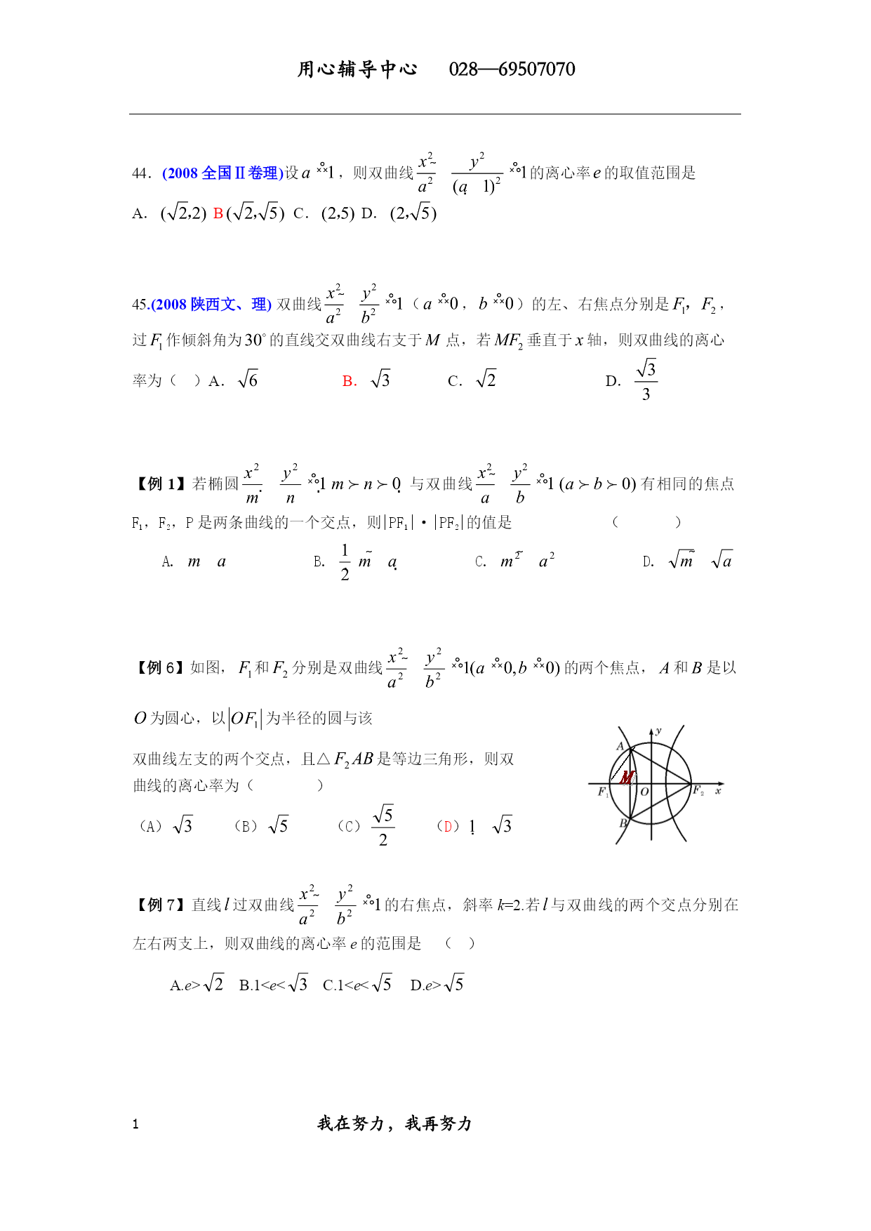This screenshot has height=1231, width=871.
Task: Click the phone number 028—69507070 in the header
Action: point(512,69)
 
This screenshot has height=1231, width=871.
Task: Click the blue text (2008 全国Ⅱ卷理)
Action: point(222,173)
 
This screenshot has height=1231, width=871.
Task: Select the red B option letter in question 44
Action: point(218,213)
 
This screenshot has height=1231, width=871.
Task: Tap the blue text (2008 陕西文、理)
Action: point(211,305)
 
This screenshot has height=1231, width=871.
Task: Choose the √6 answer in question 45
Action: point(248,380)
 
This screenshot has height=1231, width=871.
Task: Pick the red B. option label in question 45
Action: point(350,381)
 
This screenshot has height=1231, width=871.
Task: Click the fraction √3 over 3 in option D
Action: point(646,380)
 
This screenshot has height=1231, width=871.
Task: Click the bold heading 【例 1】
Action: point(159,484)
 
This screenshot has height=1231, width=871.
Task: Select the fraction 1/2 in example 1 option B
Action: point(345,562)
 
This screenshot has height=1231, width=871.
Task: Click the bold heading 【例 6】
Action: point(159,667)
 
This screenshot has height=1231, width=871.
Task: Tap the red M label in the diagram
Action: point(627,778)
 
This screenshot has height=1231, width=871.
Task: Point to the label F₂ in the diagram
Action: point(698,791)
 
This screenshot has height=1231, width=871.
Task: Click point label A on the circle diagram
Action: point(620,746)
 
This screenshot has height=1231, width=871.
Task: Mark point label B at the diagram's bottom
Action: point(623,823)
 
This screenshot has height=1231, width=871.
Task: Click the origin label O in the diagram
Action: point(644,792)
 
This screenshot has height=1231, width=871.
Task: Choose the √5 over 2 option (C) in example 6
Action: point(383,826)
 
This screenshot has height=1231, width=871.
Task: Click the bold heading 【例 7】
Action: point(159,905)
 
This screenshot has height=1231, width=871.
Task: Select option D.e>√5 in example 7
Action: point(437,985)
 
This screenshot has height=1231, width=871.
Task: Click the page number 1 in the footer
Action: point(135,1124)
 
